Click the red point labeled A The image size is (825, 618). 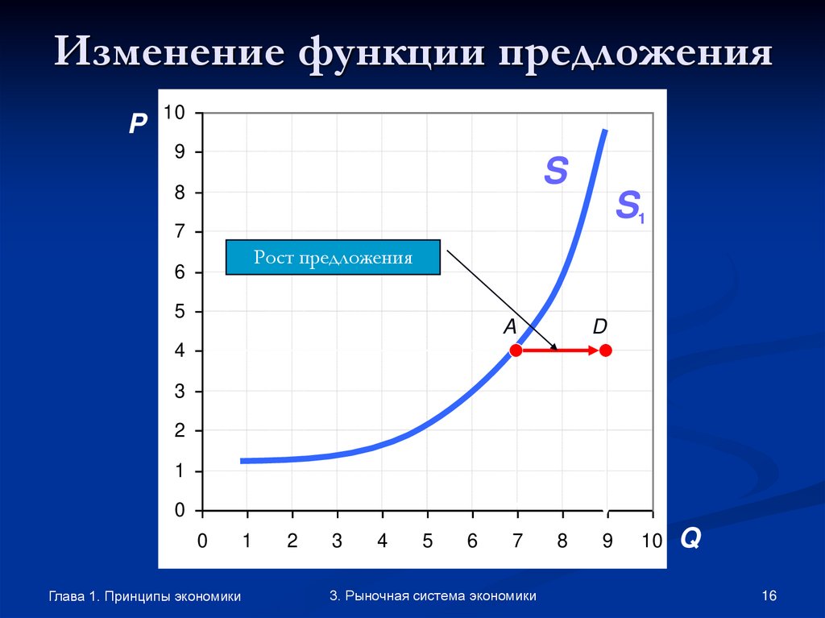point(516,350)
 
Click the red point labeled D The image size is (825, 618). point(606,350)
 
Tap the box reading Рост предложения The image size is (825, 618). point(333,258)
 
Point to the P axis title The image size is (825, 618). point(137,122)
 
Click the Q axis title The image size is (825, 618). point(690,538)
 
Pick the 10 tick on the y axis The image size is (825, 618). point(175,113)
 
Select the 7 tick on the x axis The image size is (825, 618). point(517,541)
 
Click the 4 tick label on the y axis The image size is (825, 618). point(180,351)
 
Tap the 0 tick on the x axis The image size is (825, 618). point(202,541)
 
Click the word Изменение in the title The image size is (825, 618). point(169,53)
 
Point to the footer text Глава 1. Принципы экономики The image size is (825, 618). point(145,596)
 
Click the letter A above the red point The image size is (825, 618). point(509,326)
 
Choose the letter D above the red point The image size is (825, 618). point(600,326)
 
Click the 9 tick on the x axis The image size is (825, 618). point(607,541)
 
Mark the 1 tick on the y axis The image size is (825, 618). point(180,471)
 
